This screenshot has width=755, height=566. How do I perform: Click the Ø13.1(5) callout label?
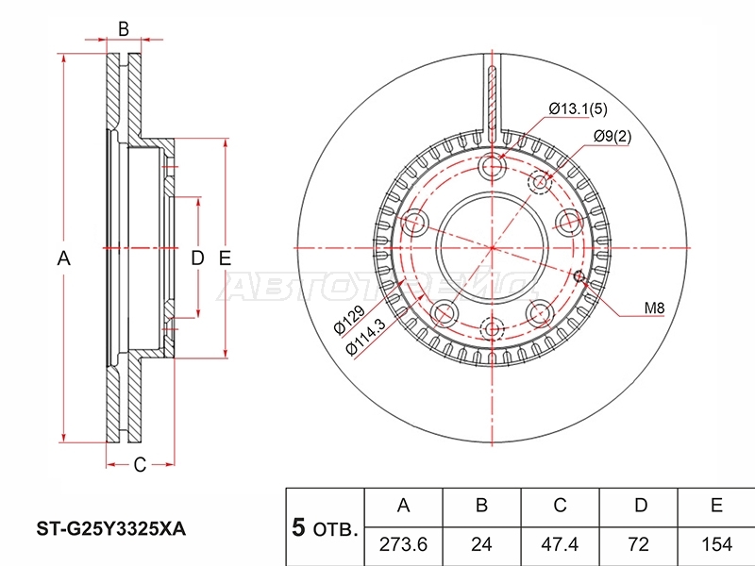click(578, 109)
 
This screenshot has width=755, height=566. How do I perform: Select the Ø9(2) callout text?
click(612, 137)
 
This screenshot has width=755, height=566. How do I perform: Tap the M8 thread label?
click(654, 308)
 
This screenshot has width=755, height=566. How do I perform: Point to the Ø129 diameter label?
click(349, 319)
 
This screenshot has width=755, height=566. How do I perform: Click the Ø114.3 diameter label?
click(366, 337)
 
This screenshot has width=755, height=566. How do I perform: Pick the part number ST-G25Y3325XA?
click(111, 529)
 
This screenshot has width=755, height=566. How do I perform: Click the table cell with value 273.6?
click(403, 544)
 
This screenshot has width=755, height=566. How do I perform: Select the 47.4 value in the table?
click(560, 544)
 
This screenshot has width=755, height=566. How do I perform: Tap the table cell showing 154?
click(716, 544)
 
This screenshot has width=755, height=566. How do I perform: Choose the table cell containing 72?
click(639, 544)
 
